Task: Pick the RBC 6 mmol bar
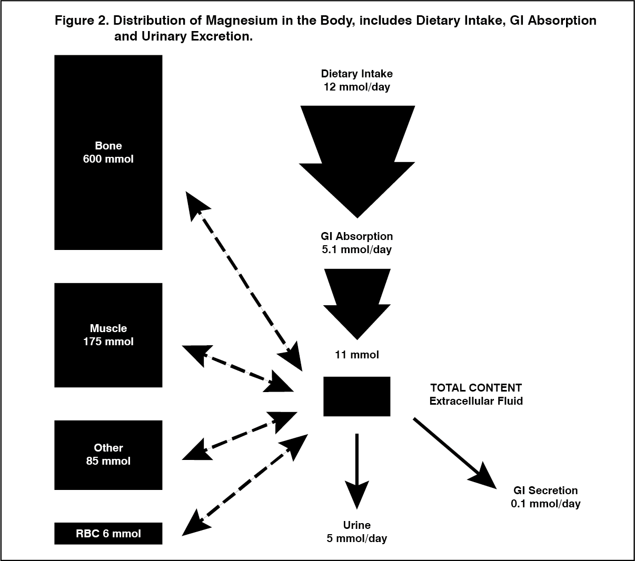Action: point(108,533)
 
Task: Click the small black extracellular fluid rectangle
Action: point(356,396)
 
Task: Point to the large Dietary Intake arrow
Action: point(357,158)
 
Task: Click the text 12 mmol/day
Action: point(356,87)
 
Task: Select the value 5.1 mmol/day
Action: point(356,249)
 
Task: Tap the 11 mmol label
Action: point(356,355)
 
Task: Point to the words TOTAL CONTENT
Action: point(476,388)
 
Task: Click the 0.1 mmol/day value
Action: point(545,504)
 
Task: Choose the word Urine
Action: point(356,525)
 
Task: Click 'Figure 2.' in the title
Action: point(82,21)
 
